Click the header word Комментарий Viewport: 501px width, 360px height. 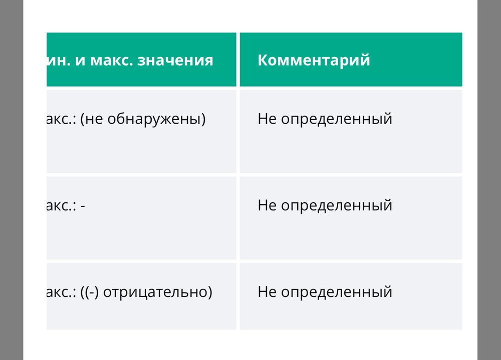click(x=314, y=60)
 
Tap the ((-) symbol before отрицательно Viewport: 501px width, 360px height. click(x=91, y=292)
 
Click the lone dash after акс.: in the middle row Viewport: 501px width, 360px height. click(x=82, y=206)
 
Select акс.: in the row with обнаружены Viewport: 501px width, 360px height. click(x=61, y=119)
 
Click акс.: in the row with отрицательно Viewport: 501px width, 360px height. click(x=61, y=292)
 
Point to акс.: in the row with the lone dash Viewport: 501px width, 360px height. click(x=61, y=206)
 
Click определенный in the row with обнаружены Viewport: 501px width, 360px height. click(x=336, y=119)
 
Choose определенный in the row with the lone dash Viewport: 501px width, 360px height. click(x=336, y=206)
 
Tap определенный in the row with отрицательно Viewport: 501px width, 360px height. click(x=336, y=292)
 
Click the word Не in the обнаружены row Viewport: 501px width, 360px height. click(x=267, y=119)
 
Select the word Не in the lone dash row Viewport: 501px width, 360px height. click(x=267, y=206)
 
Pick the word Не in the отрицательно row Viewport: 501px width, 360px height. click(x=267, y=292)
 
